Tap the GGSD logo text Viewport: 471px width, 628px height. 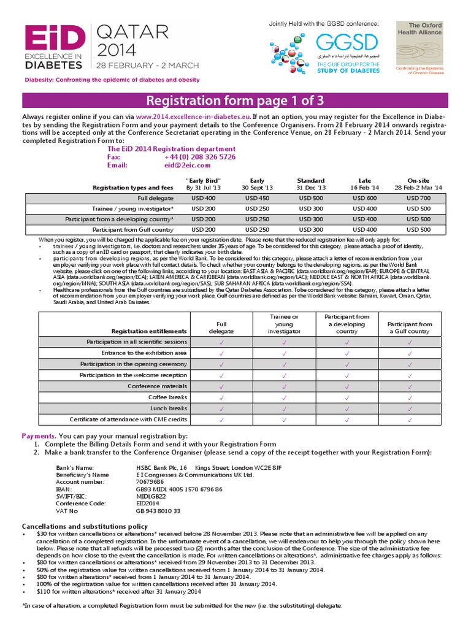(347, 44)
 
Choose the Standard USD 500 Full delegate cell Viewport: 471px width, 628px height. (311, 198)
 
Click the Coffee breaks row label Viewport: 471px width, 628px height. (164, 397)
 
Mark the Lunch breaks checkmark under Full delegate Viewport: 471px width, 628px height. (221, 408)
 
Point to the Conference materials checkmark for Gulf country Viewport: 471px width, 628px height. (409, 386)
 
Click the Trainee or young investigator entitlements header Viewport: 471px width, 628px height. (284, 323)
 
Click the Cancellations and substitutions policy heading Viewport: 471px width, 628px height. (85, 526)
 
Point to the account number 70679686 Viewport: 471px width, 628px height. (150, 481)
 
